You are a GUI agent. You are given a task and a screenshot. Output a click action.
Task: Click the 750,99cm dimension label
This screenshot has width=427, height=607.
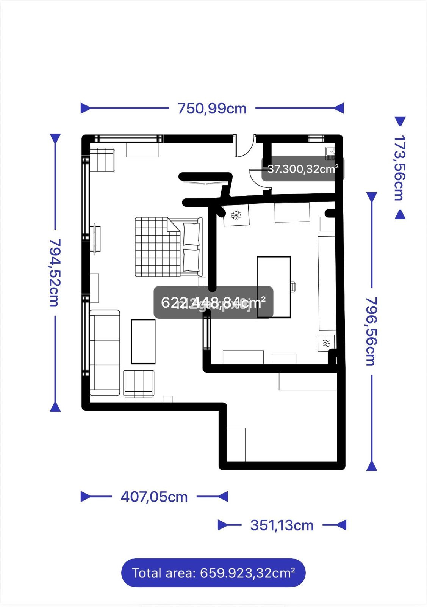click(212, 109)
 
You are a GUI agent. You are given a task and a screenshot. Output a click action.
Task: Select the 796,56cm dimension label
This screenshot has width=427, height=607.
click(371, 331)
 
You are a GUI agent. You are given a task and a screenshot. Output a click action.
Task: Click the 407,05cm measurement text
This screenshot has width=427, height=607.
click(154, 497)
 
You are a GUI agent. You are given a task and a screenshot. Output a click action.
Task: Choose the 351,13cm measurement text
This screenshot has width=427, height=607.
click(282, 525)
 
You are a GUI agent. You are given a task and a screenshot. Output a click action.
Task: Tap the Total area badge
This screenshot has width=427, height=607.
click(213, 572)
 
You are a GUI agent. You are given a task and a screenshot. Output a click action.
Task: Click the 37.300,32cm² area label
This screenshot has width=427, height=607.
click(303, 169)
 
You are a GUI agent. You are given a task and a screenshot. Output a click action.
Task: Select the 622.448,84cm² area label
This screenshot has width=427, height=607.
click(213, 302)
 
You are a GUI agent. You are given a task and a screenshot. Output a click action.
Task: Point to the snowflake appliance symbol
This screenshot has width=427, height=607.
click(236, 215)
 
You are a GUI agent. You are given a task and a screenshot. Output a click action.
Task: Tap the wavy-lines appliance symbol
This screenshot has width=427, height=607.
click(326, 343)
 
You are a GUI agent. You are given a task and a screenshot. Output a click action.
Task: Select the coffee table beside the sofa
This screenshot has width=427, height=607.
click(143, 341)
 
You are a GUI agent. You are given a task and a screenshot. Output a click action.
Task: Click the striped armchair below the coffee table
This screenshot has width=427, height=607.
click(139, 384)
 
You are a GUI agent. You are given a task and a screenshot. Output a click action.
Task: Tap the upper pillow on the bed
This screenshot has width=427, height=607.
click(191, 234)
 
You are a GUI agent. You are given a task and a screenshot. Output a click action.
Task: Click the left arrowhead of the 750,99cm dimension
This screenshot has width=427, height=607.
click(86, 109)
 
